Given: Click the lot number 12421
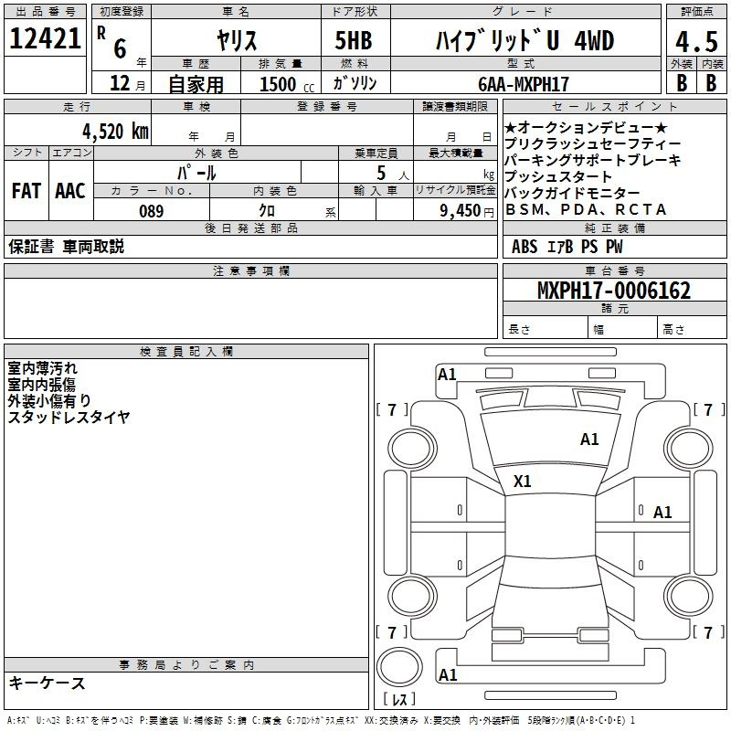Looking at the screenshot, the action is click(x=45, y=38).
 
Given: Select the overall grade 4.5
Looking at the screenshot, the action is click(x=696, y=41).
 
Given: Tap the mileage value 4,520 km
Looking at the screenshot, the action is click(x=116, y=131).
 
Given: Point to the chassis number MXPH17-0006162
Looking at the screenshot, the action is click(x=614, y=291).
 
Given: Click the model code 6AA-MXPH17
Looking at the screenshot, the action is click(x=524, y=84).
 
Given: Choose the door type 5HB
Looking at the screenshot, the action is click(x=354, y=40).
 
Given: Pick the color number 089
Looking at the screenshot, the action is click(x=152, y=211).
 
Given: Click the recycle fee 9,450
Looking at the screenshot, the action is click(x=461, y=211).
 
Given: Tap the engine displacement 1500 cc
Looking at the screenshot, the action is click(x=287, y=84).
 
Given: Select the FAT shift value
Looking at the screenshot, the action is click(x=26, y=191).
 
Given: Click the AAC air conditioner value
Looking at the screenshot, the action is click(x=70, y=191).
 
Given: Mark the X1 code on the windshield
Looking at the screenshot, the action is click(x=522, y=482).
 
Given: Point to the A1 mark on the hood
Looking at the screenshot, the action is click(x=589, y=440).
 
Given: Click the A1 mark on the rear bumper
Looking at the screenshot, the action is click(x=448, y=674).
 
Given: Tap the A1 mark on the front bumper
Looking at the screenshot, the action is click(x=447, y=375).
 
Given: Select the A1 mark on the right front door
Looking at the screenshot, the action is click(x=662, y=513).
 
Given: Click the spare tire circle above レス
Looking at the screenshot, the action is click(x=376, y=667).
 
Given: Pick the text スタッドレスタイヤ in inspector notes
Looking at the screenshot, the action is click(x=69, y=417).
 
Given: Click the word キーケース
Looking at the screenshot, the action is click(x=47, y=683).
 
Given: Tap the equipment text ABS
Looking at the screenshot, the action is click(x=524, y=247).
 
